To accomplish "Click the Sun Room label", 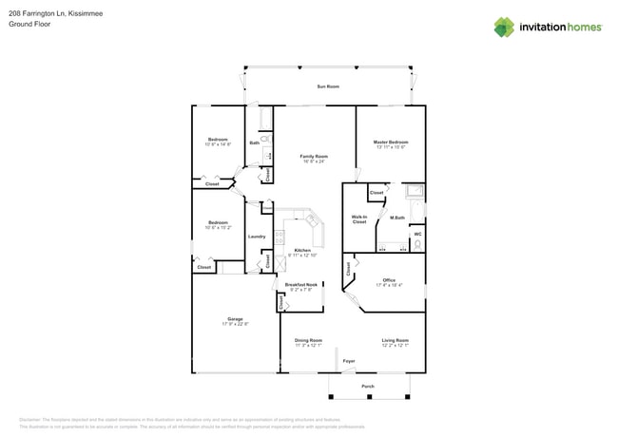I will coord(328,86).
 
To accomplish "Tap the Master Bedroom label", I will coord(391,142).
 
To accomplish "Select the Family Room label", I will coord(314,156).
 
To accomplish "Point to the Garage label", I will coord(235,318).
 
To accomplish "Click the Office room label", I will coord(389,280).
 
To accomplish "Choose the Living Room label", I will coord(396,340).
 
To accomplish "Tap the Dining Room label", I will coord(308,340).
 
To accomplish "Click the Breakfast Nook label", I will coord(301,284).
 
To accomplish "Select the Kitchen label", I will coord(302,250).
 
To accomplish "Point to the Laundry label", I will coord(257,237).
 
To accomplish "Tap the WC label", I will coord(417,234).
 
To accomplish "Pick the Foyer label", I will coord(349,361).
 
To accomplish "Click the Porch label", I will coord(368,387).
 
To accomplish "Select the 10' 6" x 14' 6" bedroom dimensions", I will coord(219,144).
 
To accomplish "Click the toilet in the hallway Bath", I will coord(265,140).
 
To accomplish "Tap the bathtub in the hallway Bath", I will coord(265,118).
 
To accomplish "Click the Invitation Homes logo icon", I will coord(504,28).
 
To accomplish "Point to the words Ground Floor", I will coord(29,25).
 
